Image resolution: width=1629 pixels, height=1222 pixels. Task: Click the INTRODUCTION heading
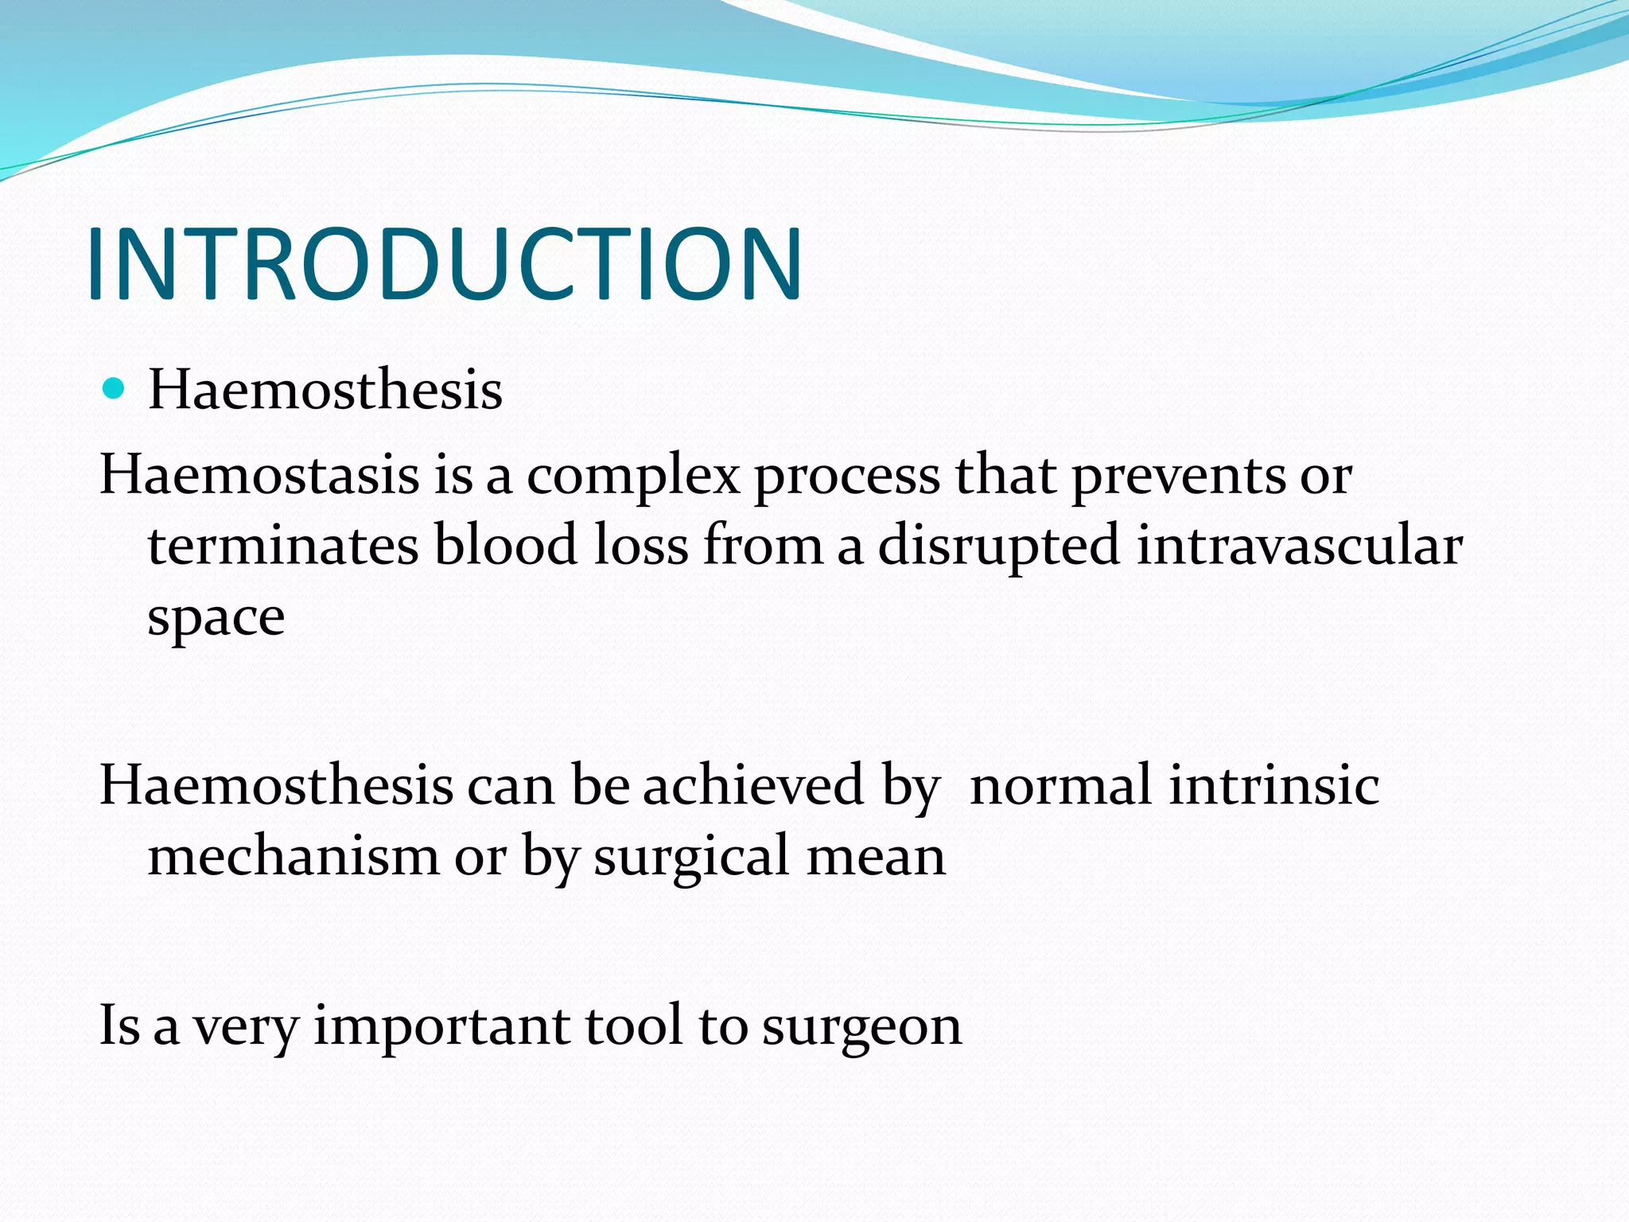pos(444,264)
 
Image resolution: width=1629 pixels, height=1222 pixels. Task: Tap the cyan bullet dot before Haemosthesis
pos(115,389)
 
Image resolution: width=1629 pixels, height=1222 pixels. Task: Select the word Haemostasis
pos(259,475)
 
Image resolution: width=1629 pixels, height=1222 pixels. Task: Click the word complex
pos(633,477)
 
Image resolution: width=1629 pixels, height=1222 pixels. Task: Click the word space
pos(216,619)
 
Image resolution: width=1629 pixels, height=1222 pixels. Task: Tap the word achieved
pos(752,785)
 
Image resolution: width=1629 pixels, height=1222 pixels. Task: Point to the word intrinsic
pos(1274,785)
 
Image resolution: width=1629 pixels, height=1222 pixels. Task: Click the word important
pos(441,1027)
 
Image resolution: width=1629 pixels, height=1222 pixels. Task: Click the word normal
pos(1060,785)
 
